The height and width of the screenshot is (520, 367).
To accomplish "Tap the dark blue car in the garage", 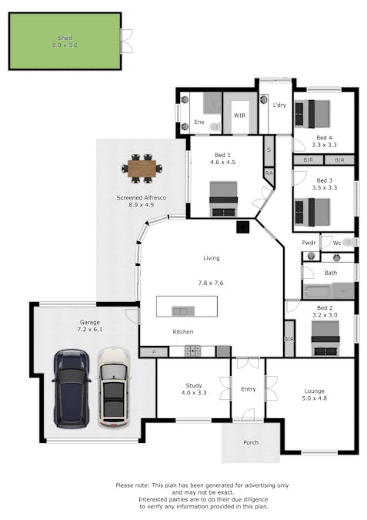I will pyautogui.click(x=71, y=388).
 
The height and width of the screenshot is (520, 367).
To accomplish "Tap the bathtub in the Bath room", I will pyautogui.click(x=329, y=290).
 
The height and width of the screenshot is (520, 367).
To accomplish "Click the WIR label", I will pyautogui.click(x=239, y=116).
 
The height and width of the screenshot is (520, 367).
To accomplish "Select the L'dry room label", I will pyautogui.click(x=279, y=105).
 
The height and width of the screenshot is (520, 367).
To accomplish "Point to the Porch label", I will pyautogui.click(x=251, y=442).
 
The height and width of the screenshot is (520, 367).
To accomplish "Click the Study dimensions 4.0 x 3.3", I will pyautogui.click(x=193, y=394).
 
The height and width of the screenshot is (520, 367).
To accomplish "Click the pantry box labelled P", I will pyautogui.click(x=153, y=351).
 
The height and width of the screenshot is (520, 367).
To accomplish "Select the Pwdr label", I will pyautogui.click(x=309, y=243).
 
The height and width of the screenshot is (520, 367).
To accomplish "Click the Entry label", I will pyautogui.click(x=248, y=390).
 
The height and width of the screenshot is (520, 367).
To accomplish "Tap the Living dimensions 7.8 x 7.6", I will pyautogui.click(x=211, y=283).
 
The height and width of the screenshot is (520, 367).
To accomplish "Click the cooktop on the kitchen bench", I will pyautogui.click(x=192, y=351).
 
